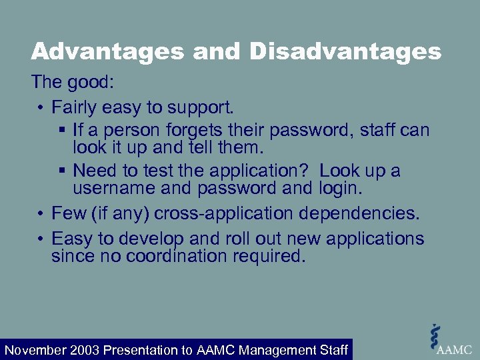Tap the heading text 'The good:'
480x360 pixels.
[x=73, y=83]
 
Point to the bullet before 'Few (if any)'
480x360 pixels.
[x=41, y=214]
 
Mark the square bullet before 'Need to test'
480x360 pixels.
[x=62, y=171]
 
